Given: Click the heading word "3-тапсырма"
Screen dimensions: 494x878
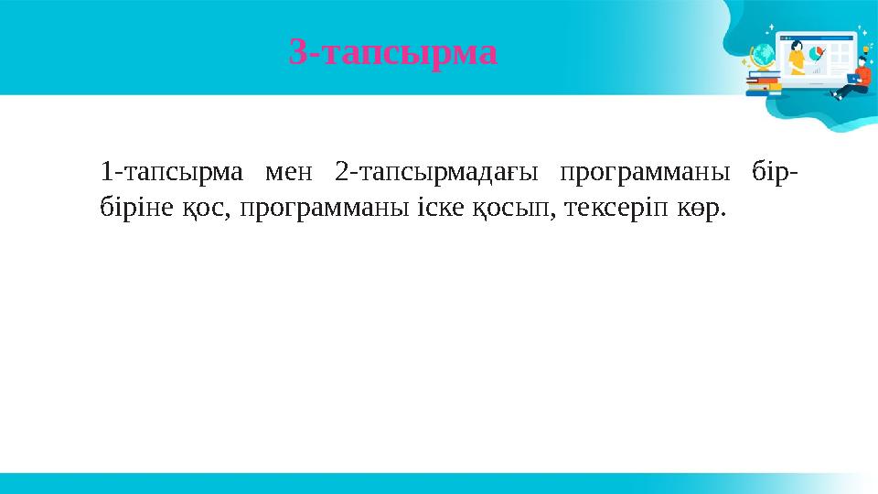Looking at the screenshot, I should tap(393, 53).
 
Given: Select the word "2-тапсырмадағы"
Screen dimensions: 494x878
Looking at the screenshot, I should tap(435, 172).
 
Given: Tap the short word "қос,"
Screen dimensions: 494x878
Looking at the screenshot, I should tap(198, 209).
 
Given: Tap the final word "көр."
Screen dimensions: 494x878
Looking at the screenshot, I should tap(701, 209).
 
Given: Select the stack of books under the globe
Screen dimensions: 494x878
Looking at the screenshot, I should tap(763, 84).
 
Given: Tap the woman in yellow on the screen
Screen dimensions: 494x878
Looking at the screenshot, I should tap(797, 57).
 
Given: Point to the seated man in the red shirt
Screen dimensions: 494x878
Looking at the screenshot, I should tap(857, 73).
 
